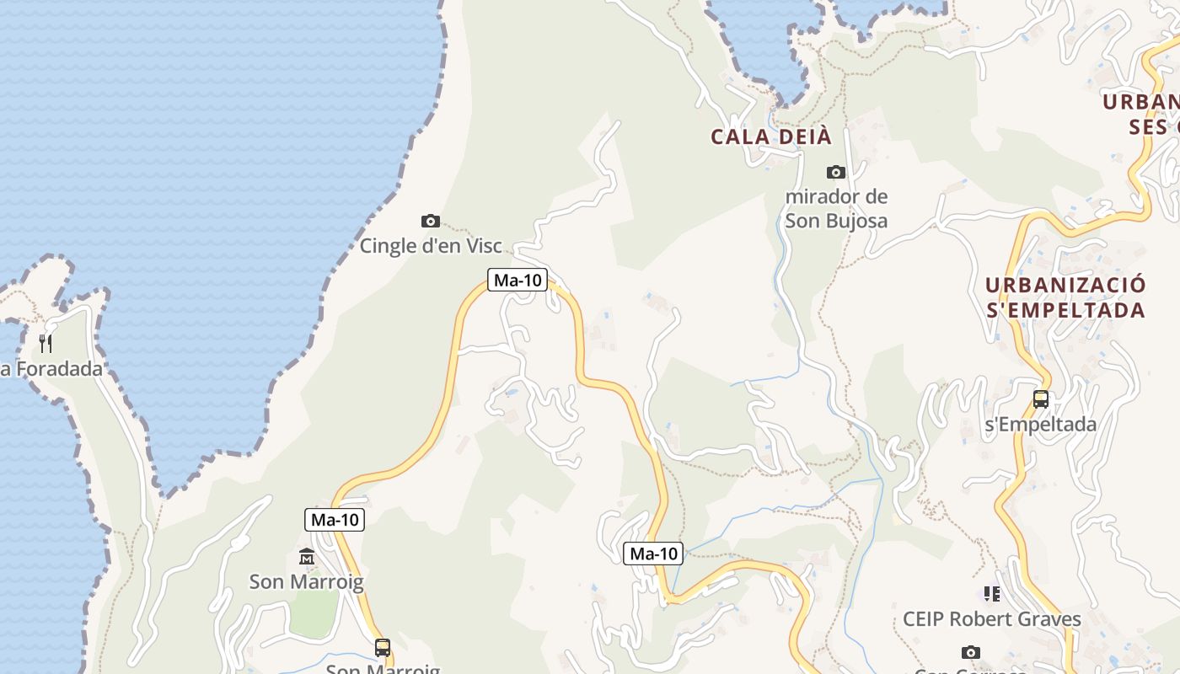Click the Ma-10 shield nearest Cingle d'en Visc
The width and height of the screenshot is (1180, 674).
[x=517, y=280]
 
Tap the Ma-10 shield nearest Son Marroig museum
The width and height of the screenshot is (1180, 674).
[x=335, y=520]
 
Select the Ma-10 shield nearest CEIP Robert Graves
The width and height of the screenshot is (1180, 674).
[x=653, y=554]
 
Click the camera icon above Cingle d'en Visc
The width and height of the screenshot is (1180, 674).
[x=431, y=221]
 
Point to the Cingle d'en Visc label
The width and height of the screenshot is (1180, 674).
[x=431, y=246]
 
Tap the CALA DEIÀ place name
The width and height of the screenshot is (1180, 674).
[x=770, y=136]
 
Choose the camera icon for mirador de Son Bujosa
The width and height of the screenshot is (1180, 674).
[x=836, y=172]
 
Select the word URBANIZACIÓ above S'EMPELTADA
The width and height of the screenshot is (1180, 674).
[x=1065, y=285]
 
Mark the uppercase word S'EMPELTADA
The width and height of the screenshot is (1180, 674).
[x=1065, y=310]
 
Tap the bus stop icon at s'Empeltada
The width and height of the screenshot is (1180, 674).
[x=1041, y=399]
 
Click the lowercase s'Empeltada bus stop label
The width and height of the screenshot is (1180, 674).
[x=1041, y=424]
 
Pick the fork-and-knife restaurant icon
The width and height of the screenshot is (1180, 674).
[x=46, y=343]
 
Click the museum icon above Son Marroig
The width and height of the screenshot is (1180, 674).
[x=307, y=557]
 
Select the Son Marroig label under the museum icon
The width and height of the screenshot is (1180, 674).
[x=307, y=581]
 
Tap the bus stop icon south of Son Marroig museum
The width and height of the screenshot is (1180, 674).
[x=383, y=647]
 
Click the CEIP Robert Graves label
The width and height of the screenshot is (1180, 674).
[x=991, y=619]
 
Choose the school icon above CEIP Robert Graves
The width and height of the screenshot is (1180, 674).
[x=992, y=594]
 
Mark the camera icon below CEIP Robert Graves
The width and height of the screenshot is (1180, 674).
[x=971, y=652]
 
